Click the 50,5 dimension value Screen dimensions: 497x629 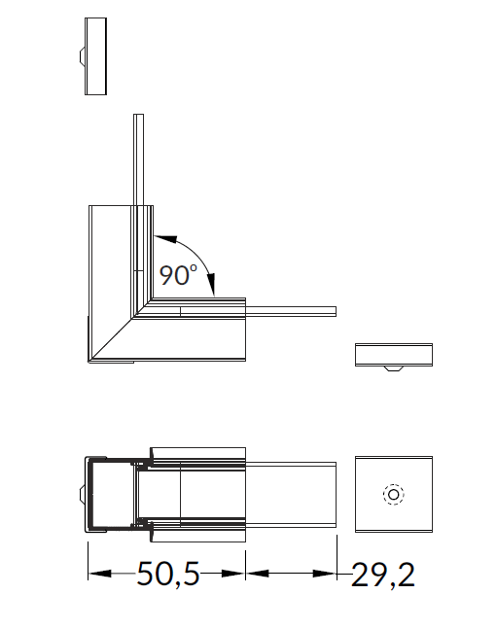click(x=168, y=574)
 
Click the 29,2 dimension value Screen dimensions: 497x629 click(x=383, y=575)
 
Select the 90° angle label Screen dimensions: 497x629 click(x=178, y=275)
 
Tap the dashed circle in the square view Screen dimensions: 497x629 click(x=394, y=494)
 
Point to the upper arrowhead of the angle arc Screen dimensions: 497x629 click(x=165, y=239)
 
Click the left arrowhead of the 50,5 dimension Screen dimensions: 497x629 click(x=99, y=574)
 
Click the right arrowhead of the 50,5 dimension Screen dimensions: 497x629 click(x=233, y=574)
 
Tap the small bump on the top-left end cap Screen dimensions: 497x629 click(x=82, y=55)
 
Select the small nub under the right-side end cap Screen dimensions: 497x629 click(x=394, y=368)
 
